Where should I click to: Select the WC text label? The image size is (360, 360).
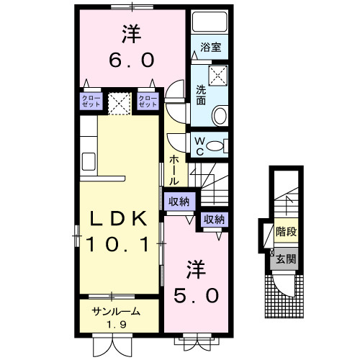(x=197, y=145)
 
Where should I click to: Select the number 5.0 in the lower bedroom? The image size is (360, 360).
(x=194, y=294)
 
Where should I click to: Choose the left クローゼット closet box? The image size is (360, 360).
(x=91, y=101)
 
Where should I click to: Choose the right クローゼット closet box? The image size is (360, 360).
(x=147, y=101)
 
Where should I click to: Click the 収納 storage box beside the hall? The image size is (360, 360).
(x=179, y=202)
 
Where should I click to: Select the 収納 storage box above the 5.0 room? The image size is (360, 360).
(x=212, y=220)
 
